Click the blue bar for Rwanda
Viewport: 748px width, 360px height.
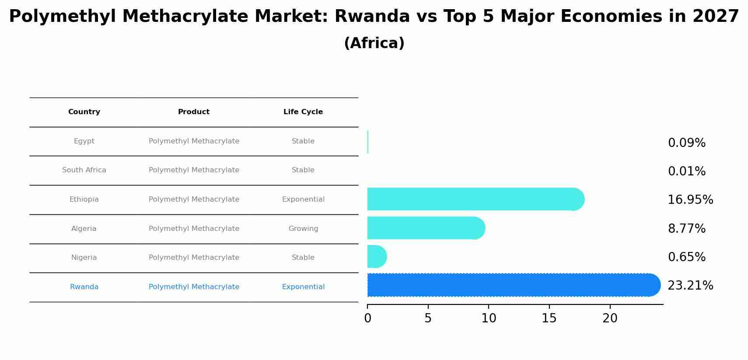[x=512, y=285]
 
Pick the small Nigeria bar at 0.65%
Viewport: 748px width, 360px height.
[x=376, y=257]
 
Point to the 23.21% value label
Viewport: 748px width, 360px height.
[x=690, y=286]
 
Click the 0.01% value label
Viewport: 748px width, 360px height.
[x=686, y=171]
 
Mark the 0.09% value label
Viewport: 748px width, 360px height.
[x=686, y=143]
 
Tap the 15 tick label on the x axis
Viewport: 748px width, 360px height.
[x=549, y=318]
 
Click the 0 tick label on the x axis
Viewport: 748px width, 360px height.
[x=367, y=318]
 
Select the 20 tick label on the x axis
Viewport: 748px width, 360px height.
[x=610, y=318]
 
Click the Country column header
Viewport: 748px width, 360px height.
[x=84, y=112]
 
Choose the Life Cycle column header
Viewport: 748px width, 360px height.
[x=303, y=112]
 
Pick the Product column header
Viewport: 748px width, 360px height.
[x=194, y=112]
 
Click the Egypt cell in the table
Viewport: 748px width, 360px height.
[x=84, y=141]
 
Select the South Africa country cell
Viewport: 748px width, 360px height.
[x=84, y=170]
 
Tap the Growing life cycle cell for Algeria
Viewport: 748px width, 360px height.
[x=303, y=229]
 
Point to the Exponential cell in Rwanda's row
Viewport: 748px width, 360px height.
[x=303, y=287]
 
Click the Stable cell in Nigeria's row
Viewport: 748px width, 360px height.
[x=303, y=258]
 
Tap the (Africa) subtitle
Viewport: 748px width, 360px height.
[x=374, y=43]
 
